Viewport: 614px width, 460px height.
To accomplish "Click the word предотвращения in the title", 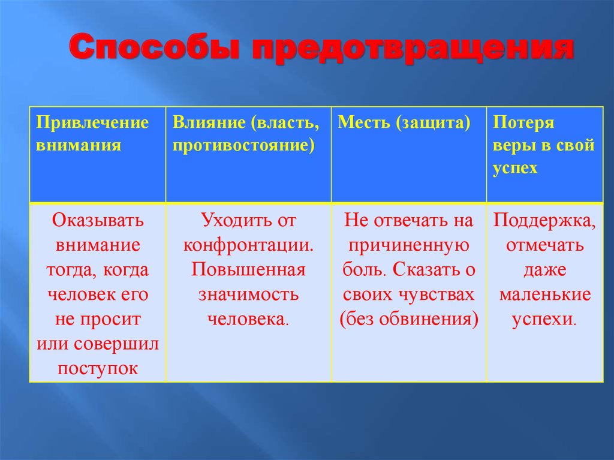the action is [413, 50].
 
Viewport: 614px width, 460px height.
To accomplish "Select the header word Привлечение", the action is [92, 122].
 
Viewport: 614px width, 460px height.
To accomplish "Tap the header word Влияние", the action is [209, 122].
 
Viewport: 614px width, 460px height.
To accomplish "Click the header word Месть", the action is [364, 122].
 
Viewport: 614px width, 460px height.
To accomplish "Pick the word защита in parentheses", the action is [433, 122].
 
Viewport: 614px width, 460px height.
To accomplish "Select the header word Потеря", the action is [523, 122].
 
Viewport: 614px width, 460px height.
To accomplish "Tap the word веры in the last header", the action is [511, 145].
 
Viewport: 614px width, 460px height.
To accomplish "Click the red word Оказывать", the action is [98, 220].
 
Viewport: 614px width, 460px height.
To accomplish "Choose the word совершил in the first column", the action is [116, 344].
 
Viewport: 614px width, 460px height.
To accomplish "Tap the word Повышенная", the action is [248, 269].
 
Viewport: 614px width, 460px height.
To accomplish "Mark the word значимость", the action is [248, 294].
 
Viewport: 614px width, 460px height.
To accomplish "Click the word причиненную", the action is [409, 246].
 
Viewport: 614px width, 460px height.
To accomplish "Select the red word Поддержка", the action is [544, 221].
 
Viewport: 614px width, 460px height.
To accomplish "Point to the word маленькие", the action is [544, 294].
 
